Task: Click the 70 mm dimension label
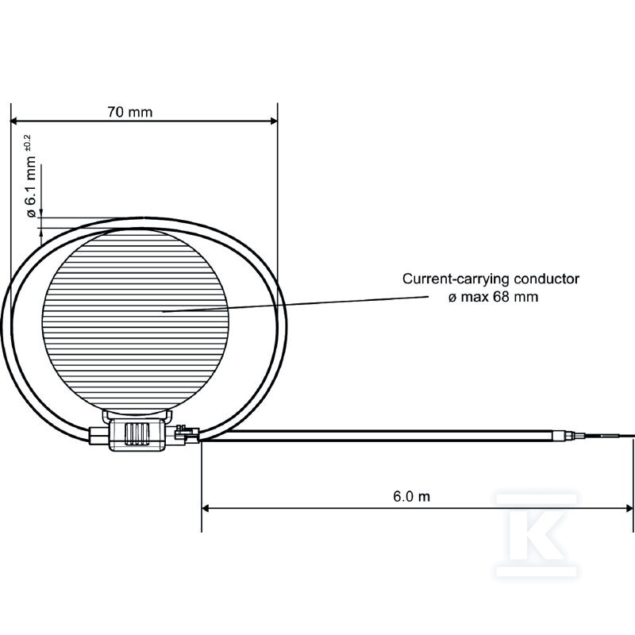130,112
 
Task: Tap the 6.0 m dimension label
411,496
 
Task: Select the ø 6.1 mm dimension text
31,187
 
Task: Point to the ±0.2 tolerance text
27,144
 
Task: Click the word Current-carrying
456,279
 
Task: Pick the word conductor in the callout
546,279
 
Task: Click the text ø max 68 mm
493,297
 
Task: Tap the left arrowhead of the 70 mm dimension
14,121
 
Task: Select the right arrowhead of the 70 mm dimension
274,121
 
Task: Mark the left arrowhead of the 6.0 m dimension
206,508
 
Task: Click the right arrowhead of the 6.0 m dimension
629,508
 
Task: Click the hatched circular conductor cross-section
135,321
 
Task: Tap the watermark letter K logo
537,534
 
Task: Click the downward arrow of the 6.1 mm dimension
41,214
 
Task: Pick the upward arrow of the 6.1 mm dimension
41,232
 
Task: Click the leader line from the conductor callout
295,304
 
